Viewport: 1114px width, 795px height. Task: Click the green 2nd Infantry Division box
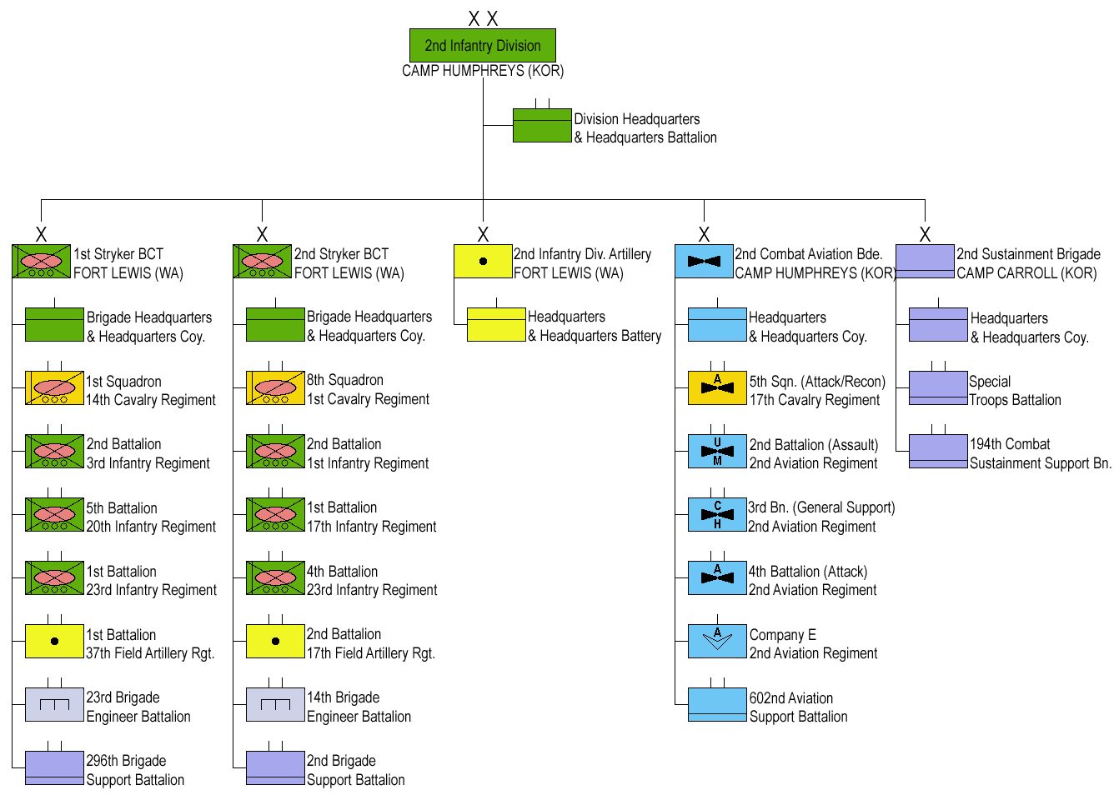482,46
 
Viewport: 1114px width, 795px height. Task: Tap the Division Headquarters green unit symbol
542,126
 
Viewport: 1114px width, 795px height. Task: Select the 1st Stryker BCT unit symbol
41,262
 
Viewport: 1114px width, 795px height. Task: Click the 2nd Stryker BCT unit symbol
262,262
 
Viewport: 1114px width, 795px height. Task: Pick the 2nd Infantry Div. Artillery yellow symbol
483,262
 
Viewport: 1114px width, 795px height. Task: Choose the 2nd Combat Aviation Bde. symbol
704,262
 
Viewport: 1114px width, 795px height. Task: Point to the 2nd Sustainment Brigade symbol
925,262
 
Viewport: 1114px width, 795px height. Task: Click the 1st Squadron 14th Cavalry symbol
54,388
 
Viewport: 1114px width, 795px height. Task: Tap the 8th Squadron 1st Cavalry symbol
275,388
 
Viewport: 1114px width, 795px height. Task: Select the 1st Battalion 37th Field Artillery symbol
54,642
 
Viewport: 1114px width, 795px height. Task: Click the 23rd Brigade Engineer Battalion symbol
54,705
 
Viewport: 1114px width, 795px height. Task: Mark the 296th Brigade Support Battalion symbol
54,768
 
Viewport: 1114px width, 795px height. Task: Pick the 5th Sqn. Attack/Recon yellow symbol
717,388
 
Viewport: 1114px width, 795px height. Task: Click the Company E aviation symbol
717,642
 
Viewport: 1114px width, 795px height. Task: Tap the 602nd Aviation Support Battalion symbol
717,705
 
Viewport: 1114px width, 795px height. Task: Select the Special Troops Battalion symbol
938,388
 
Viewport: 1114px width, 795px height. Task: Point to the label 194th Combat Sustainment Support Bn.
1040,454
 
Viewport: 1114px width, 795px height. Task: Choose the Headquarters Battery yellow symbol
496,325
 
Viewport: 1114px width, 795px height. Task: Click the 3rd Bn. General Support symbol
717,515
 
